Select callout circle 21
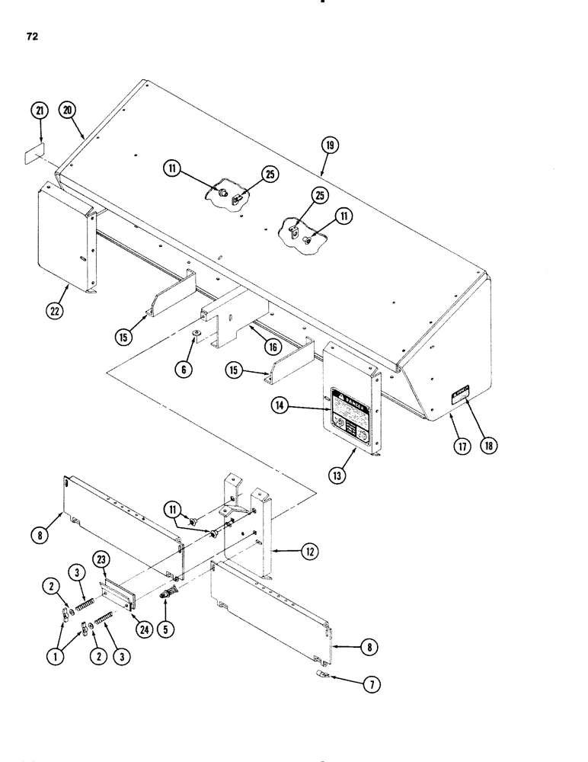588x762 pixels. [x=40, y=111]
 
